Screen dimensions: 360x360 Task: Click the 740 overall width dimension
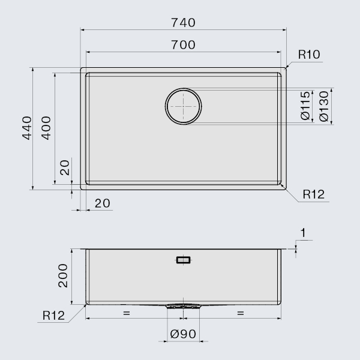coord(183,23)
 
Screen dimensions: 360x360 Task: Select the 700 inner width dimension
coord(183,45)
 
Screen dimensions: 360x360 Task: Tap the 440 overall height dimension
coord(27,128)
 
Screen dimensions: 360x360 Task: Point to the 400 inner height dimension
coord(46,128)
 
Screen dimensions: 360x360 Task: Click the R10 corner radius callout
coord(309,55)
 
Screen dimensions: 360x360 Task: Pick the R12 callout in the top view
coord(314,194)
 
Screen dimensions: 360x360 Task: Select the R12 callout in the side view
coord(53,316)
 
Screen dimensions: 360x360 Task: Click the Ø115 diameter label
coord(305,106)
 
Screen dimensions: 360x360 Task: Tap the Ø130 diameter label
coord(324,106)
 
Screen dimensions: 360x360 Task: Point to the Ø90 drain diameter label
coord(183,334)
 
